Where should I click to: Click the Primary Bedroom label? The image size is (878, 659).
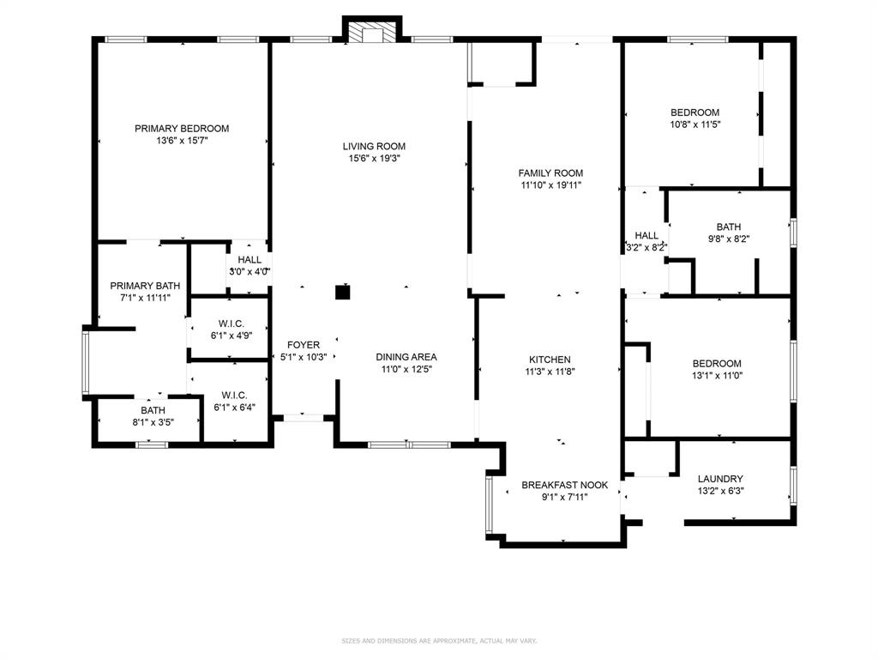(182, 129)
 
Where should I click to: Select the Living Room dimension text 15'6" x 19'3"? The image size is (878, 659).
(374, 159)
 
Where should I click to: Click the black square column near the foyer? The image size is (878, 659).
(342, 293)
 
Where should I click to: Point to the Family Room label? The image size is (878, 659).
(550, 173)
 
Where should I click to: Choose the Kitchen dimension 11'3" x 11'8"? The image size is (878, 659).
(550, 372)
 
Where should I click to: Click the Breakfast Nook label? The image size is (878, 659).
(565, 485)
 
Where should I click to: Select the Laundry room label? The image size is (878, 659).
(720, 479)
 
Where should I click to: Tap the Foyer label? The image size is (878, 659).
(304, 345)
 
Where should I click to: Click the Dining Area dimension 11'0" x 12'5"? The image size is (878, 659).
(406, 370)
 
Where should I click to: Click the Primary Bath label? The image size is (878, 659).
(144, 286)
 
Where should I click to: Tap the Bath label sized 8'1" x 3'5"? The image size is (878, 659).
(153, 410)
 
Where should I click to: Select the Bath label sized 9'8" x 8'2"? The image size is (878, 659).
(729, 227)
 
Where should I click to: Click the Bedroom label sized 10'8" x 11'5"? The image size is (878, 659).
(695, 112)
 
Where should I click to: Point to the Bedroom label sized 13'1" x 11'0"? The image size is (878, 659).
(718, 364)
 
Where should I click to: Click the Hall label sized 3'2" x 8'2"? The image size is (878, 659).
(646, 235)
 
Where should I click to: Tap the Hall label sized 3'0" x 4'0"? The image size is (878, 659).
(250, 260)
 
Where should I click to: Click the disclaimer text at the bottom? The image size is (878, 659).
(439, 640)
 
